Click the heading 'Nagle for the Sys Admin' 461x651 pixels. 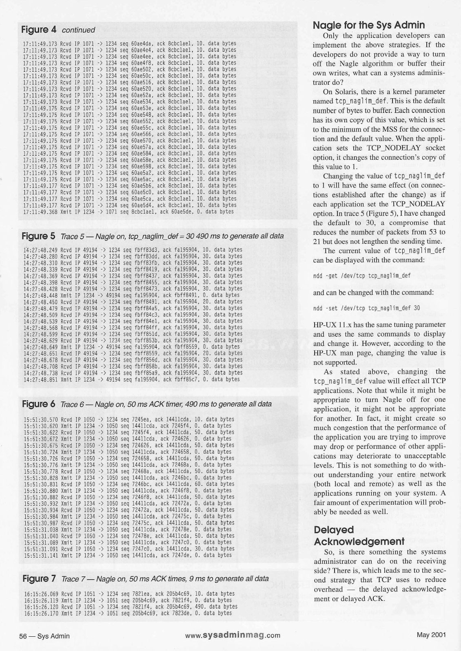point(369,25)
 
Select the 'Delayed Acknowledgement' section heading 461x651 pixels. point(359,535)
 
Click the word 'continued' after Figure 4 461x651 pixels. point(78,30)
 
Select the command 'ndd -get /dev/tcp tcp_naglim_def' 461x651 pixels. point(361,276)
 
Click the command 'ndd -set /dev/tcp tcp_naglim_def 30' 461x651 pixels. point(366,308)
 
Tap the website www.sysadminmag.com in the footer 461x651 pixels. point(233,635)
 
